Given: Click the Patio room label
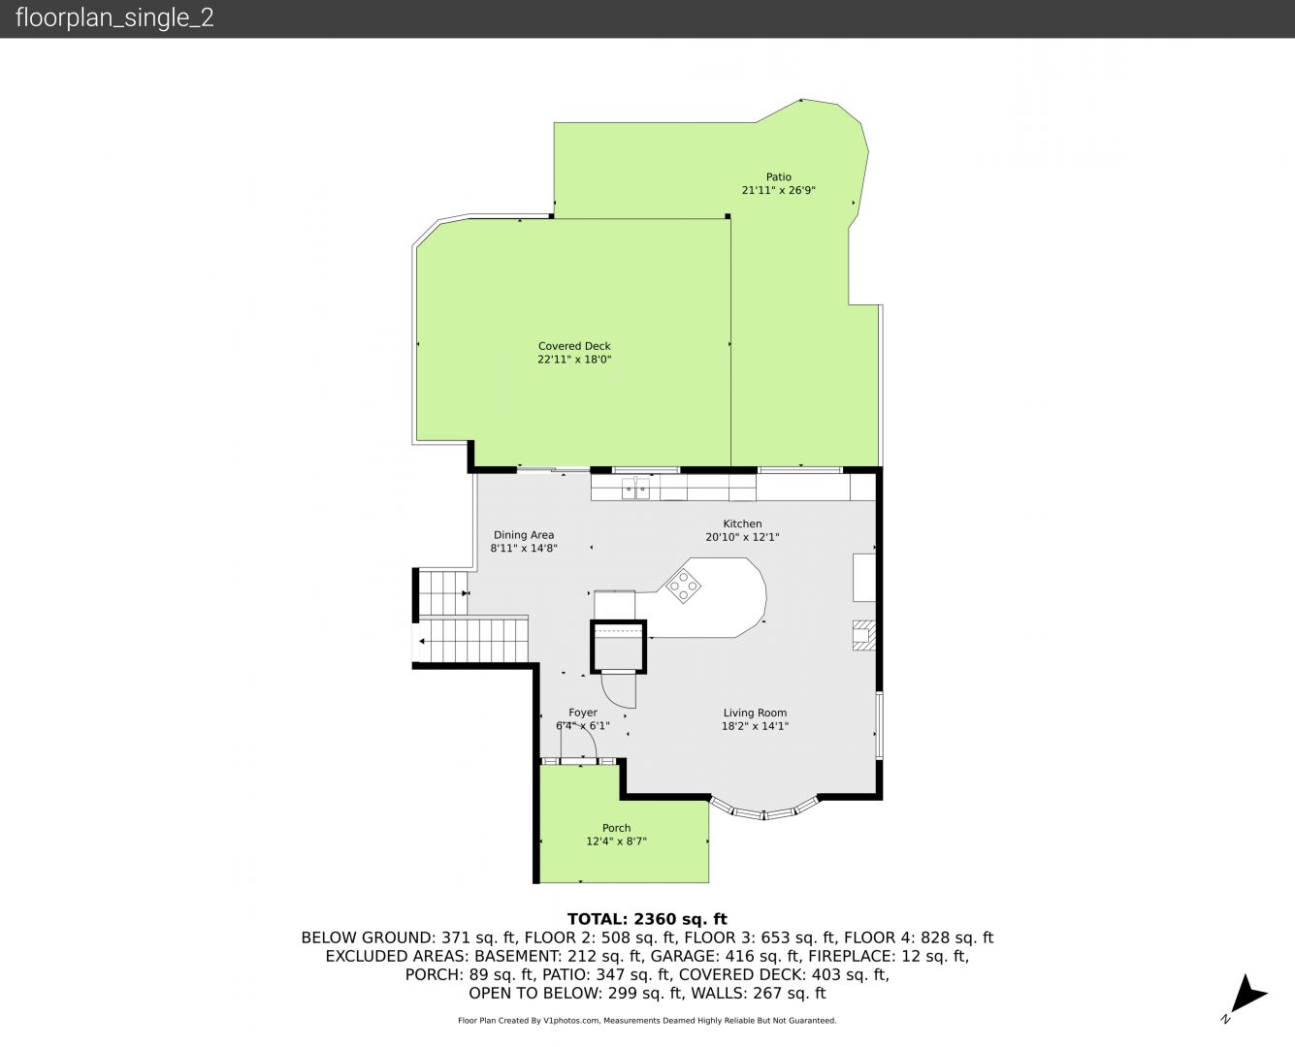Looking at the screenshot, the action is (x=778, y=176).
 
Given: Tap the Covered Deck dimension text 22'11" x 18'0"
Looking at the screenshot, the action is (x=574, y=359).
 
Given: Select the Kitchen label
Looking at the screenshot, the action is (x=742, y=523).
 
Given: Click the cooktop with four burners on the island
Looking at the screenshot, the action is (x=683, y=586).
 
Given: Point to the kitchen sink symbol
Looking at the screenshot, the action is (x=636, y=488).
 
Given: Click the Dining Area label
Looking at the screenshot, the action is (x=524, y=535).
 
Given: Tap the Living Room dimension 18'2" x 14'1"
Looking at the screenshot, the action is (x=755, y=726).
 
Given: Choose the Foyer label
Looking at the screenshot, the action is (x=582, y=713).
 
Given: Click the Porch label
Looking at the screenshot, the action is (x=617, y=828).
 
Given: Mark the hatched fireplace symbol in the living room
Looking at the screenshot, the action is (x=863, y=635).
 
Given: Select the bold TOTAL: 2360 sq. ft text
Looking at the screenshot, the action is (x=647, y=919).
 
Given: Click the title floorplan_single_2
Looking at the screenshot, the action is (x=114, y=18).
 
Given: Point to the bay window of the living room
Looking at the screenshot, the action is (x=763, y=810).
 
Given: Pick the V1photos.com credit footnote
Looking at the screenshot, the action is (x=647, y=1021).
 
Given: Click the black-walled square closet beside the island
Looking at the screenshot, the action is (x=618, y=647).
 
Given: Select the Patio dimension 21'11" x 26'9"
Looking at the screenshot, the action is (x=778, y=190).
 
